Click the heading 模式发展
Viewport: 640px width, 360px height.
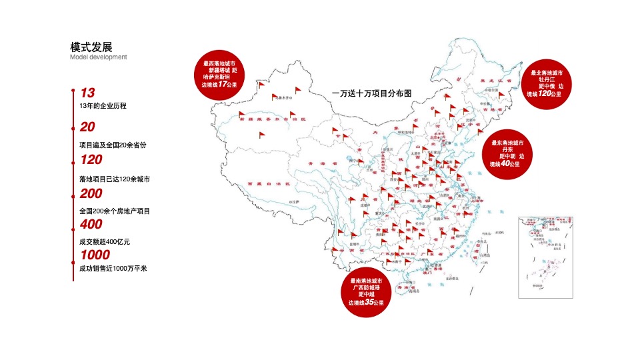pos(91,47)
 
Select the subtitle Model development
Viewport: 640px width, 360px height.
pos(99,57)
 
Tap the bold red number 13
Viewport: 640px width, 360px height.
pos(87,93)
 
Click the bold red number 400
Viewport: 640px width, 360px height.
pos(91,224)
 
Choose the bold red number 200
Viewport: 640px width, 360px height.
pos(91,193)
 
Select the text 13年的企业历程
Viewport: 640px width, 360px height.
pos(103,105)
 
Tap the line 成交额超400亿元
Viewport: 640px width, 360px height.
pos(104,237)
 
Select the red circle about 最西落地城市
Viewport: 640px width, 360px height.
pos(219,74)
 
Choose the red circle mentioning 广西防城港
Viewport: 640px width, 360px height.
pos(367,292)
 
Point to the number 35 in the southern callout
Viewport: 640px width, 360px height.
pos(369,303)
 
